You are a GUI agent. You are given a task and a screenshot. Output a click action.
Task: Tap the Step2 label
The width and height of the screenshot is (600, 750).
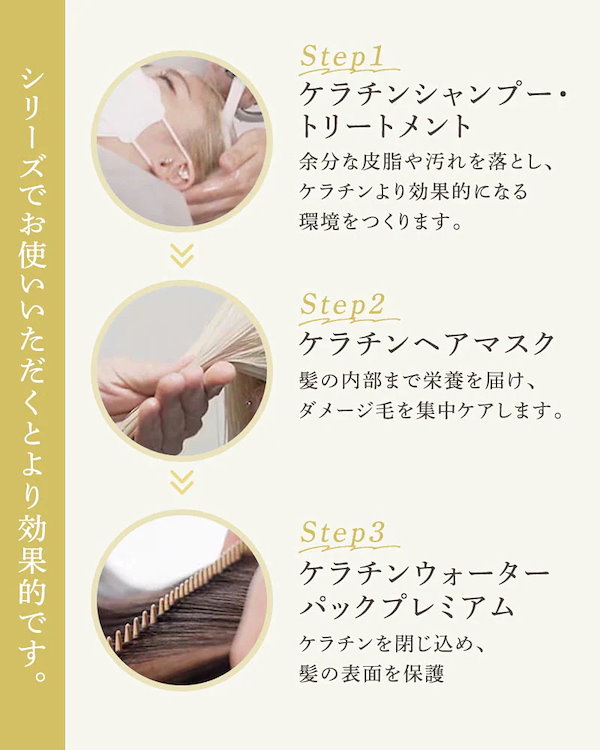click(x=342, y=305)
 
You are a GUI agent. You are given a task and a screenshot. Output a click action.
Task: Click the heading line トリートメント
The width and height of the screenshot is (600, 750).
click(x=384, y=127)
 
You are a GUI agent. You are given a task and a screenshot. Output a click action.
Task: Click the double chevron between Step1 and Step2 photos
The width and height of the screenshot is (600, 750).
click(x=181, y=257)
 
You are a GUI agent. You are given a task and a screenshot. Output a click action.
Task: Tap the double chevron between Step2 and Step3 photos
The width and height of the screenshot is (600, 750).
click(x=181, y=484)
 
